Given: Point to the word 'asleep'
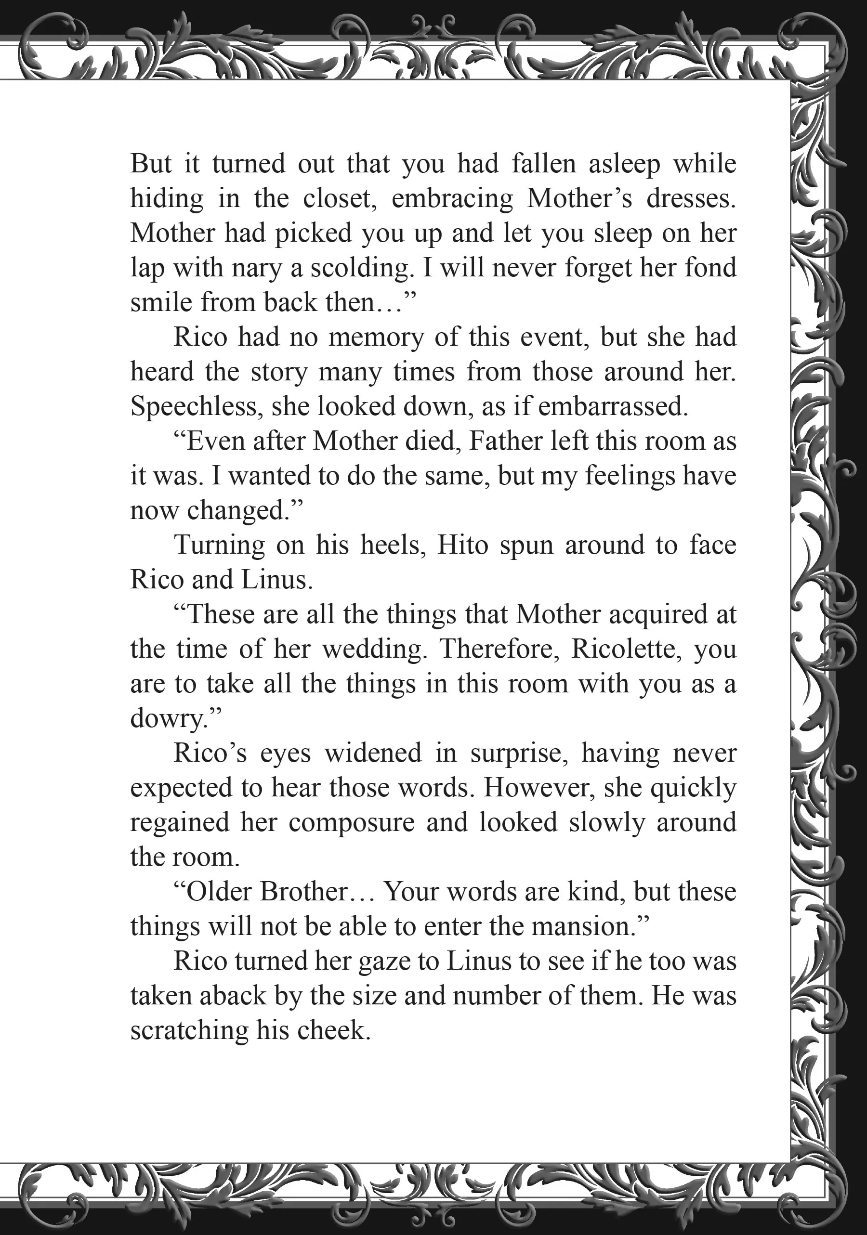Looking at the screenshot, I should [624, 164].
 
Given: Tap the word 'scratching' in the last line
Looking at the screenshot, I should [188, 1030].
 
